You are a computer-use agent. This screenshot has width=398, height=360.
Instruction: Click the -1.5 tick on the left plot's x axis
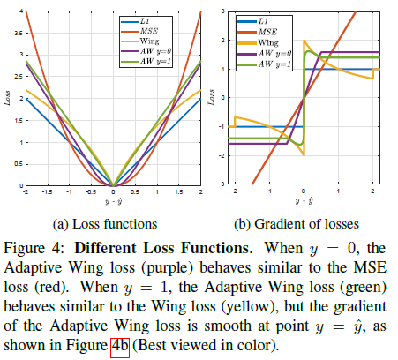point(47,191)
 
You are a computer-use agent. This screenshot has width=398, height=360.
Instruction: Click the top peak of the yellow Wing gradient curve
point(304,41)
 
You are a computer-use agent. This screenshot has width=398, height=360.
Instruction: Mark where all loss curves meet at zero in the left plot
point(113,186)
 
